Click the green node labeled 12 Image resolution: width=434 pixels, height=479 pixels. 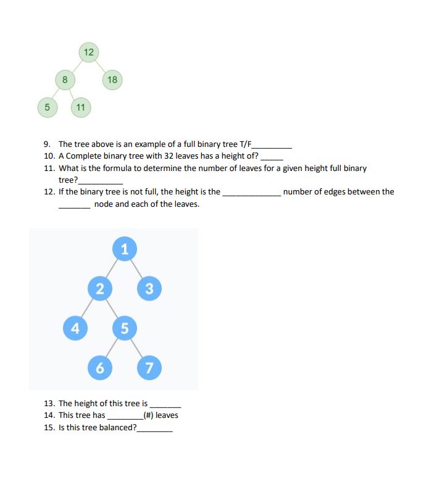coord(88,52)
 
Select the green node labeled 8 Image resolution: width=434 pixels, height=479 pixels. coord(65,80)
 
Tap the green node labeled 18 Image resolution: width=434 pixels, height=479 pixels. coord(112,80)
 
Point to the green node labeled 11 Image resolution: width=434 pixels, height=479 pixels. coord(80,107)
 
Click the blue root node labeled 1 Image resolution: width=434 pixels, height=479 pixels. coord(125,249)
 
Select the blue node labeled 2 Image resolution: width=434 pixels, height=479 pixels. coord(99,288)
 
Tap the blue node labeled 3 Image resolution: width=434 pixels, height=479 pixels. coord(149,288)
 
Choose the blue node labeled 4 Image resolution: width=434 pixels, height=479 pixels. coord(75,328)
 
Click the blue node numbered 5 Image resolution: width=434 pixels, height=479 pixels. coord(124,328)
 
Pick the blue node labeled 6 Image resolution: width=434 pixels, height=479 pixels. coord(99,368)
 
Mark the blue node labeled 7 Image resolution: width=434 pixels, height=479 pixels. coord(149,368)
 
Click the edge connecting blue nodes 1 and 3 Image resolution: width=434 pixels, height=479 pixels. coord(137,269)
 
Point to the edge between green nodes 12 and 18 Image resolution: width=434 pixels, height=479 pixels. coord(100,66)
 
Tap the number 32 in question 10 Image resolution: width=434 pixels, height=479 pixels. coord(169,156)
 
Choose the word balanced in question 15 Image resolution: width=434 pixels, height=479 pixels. coord(116,427)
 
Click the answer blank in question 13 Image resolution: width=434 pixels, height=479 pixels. coord(165,404)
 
